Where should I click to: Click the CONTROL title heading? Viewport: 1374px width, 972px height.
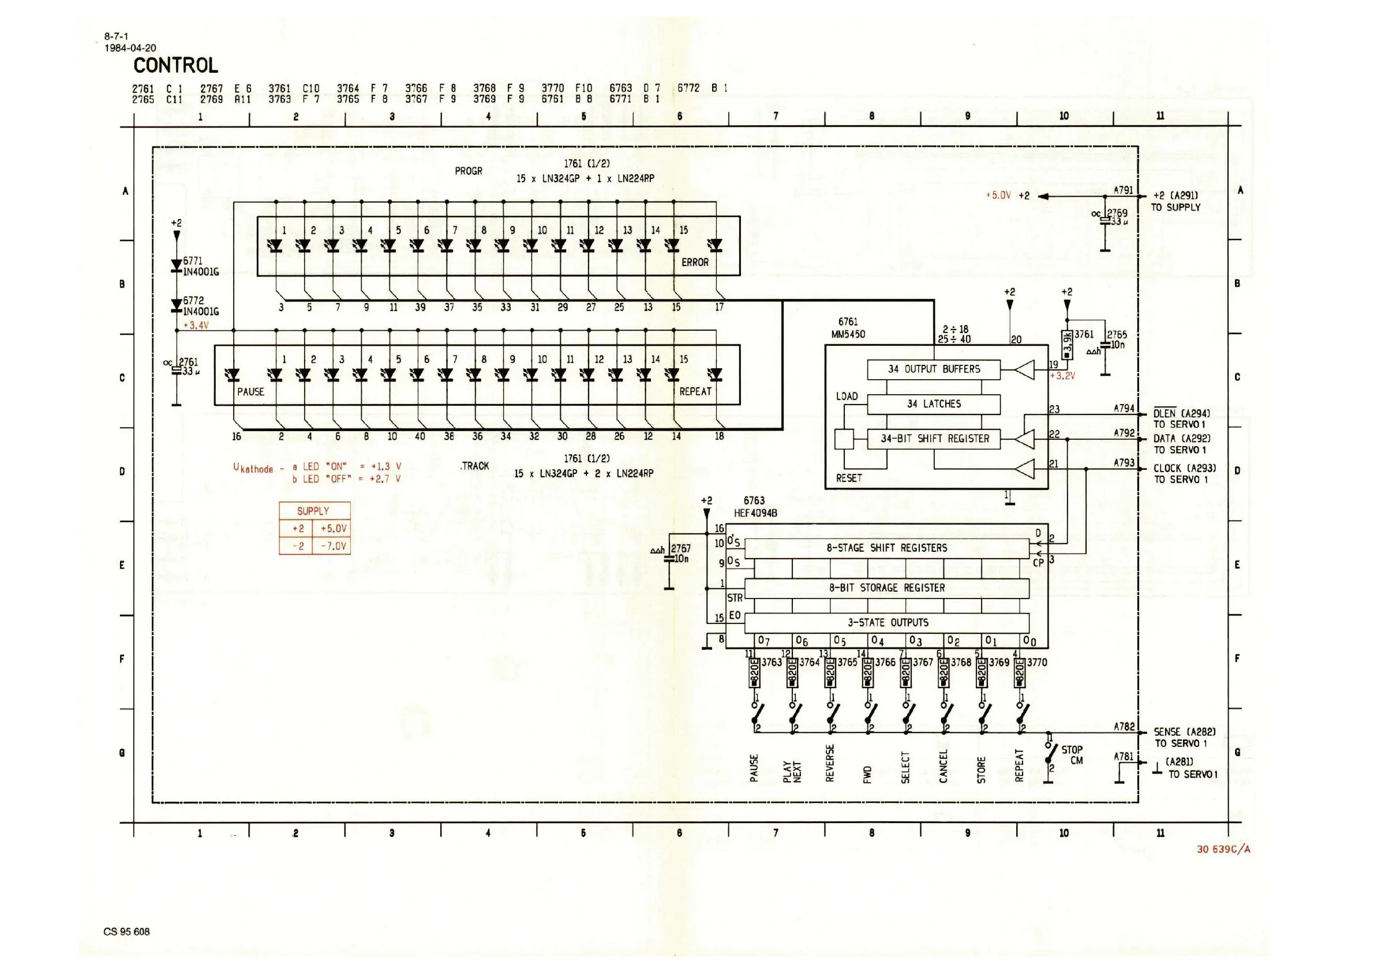(x=175, y=65)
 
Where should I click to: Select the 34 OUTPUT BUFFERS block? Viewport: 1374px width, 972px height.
(x=933, y=369)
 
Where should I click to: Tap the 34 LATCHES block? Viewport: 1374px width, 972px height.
(x=933, y=404)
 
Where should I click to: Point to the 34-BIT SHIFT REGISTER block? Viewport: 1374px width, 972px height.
(x=933, y=439)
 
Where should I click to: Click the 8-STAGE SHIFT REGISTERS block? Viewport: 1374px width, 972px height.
(x=886, y=548)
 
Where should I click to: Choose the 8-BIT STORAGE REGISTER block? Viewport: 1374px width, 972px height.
(x=886, y=588)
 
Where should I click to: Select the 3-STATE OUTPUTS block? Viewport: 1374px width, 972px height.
(x=886, y=622)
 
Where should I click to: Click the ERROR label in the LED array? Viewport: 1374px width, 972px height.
(x=694, y=262)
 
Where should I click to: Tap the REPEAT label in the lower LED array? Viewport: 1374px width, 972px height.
(x=695, y=391)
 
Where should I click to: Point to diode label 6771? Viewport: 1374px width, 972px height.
(x=193, y=261)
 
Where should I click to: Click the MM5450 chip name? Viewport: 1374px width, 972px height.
(x=848, y=334)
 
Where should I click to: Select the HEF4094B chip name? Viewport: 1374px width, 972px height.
(x=755, y=513)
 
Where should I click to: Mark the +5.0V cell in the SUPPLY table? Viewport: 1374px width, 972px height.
(x=333, y=529)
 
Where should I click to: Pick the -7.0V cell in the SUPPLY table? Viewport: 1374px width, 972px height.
(x=333, y=546)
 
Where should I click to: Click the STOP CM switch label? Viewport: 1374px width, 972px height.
(x=1072, y=756)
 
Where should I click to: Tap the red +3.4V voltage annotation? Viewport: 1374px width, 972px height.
(x=196, y=326)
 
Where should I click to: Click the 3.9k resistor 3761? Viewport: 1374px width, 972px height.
(x=1066, y=345)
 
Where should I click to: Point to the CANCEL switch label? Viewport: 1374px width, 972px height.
(x=943, y=766)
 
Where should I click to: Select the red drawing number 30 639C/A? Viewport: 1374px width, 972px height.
(x=1223, y=848)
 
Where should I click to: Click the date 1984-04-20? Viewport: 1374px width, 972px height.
(x=130, y=48)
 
